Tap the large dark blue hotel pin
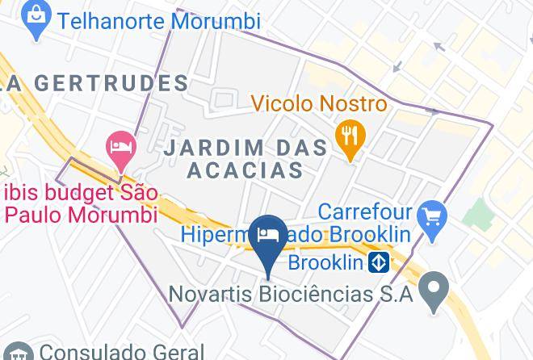266,237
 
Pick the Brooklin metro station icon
379,263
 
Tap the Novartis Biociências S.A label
291,293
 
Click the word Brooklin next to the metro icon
328,263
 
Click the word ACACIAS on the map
245,170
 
